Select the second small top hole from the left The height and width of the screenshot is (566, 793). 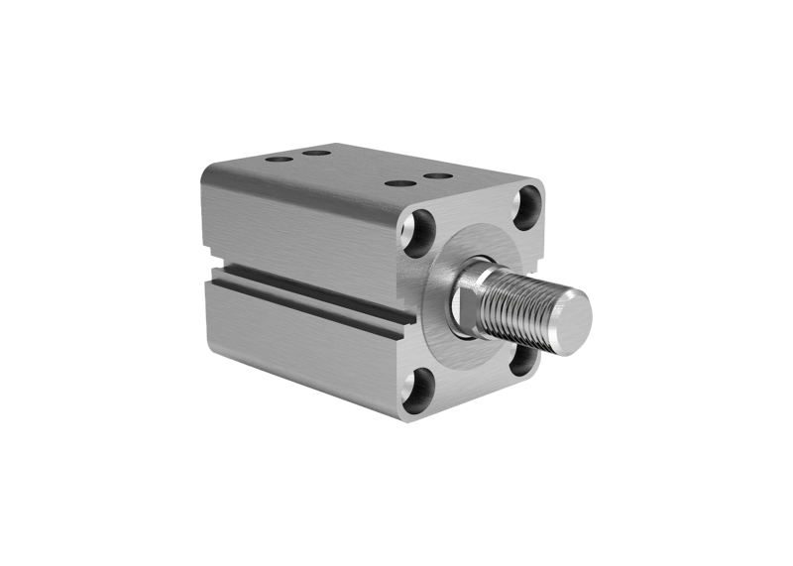click(316, 154)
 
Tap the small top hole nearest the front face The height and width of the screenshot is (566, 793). click(437, 176)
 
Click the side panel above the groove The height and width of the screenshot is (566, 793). click(297, 228)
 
